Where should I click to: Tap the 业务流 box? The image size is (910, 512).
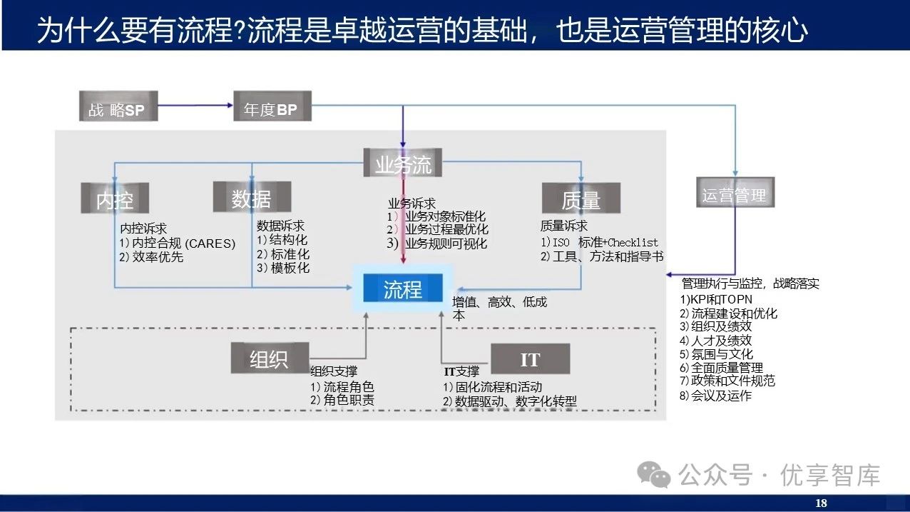(x=403, y=164)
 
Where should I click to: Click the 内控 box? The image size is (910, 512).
(x=115, y=199)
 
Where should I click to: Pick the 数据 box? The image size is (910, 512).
(x=251, y=198)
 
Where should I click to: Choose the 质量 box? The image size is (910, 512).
(x=581, y=199)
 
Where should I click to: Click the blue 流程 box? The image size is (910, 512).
(x=403, y=290)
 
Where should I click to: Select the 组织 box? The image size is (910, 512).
(x=270, y=358)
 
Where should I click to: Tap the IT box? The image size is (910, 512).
(x=530, y=359)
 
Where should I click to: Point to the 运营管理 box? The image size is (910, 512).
(x=734, y=194)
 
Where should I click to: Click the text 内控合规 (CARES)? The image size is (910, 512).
(x=183, y=244)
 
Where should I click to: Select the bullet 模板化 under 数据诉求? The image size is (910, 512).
(x=288, y=268)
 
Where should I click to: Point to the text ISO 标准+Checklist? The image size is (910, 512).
(x=605, y=243)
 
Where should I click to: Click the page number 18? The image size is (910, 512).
(x=821, y=503)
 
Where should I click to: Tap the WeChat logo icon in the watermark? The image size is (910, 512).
(x=655, y=475)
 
